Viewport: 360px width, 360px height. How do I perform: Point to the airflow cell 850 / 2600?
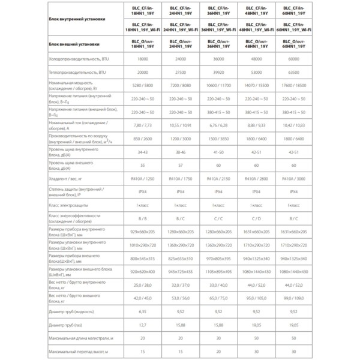pyautogui.click(x=143, y=138)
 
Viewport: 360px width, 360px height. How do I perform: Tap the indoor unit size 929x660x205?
pyautogui.click(x=143, y=232)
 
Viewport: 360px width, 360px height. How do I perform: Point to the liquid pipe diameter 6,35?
pyautogui.click(x=143, y=311)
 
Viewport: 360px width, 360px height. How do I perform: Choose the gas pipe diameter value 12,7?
pyautogui.click(x=143, y=325)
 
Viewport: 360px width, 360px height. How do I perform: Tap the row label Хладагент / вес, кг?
pyautogui.click(x=71, y=179)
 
